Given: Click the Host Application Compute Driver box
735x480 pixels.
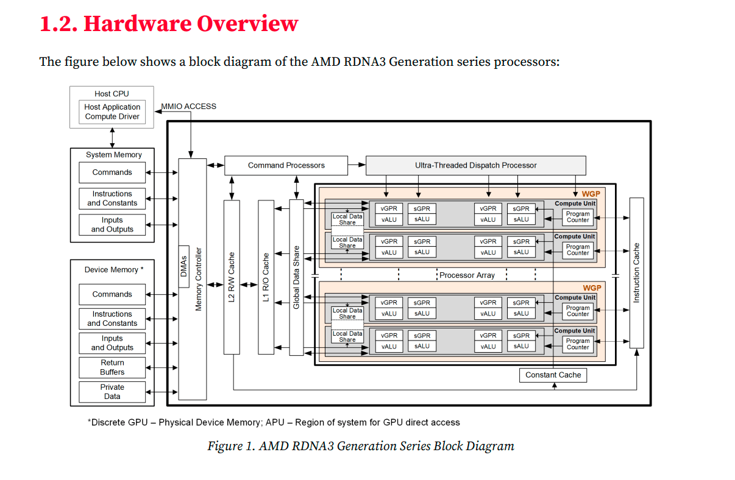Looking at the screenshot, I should (112, 112).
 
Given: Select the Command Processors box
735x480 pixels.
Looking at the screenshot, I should (286, 165).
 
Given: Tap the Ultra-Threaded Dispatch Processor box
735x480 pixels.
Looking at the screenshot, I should (475, 165).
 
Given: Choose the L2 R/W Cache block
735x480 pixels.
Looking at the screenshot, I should (231, 277).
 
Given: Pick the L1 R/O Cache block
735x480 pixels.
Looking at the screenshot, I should (266, 277).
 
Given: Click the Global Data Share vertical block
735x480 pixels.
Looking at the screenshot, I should (296, 277).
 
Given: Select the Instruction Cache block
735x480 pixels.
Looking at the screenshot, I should (636, 272).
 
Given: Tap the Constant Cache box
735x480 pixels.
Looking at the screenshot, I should (553, 375).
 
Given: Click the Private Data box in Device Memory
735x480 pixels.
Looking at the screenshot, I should (112, 392).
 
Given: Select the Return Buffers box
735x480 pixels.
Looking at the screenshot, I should (112, 367).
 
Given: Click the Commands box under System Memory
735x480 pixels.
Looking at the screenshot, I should (112, 172).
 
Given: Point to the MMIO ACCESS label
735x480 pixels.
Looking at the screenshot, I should (188, 106).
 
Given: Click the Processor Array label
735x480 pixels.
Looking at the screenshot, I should (467, 275).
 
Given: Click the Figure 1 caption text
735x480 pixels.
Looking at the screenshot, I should (361, 446).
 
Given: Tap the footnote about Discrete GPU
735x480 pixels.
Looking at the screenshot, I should (274, 422).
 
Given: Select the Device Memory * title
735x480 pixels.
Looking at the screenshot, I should (114, 270).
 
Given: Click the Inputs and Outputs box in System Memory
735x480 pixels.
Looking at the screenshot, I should (112, 225).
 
